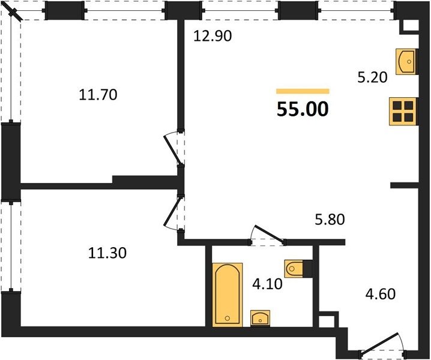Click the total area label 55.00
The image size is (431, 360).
(303, 109)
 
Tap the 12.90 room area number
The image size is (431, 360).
(212, 36)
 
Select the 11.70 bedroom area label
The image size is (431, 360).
(98, 95)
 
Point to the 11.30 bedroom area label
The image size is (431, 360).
(107, 253)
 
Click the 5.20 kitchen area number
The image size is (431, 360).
(372, 77)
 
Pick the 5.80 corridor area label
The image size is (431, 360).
(330, 220)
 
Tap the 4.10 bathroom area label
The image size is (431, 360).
(268, 284)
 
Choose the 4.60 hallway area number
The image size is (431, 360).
(381, 294)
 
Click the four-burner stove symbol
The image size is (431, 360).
(403, 111)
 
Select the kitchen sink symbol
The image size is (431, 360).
(406, 62)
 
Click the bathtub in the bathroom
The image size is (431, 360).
(228, 295)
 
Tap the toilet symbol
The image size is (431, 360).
(294, 268)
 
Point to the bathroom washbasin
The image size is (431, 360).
(260, 318)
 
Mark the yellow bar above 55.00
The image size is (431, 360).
(303, 91)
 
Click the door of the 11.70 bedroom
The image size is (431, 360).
(172, 149)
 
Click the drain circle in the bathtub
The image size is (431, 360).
(227, 318)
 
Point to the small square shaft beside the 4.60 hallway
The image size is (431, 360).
(327, 319)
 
